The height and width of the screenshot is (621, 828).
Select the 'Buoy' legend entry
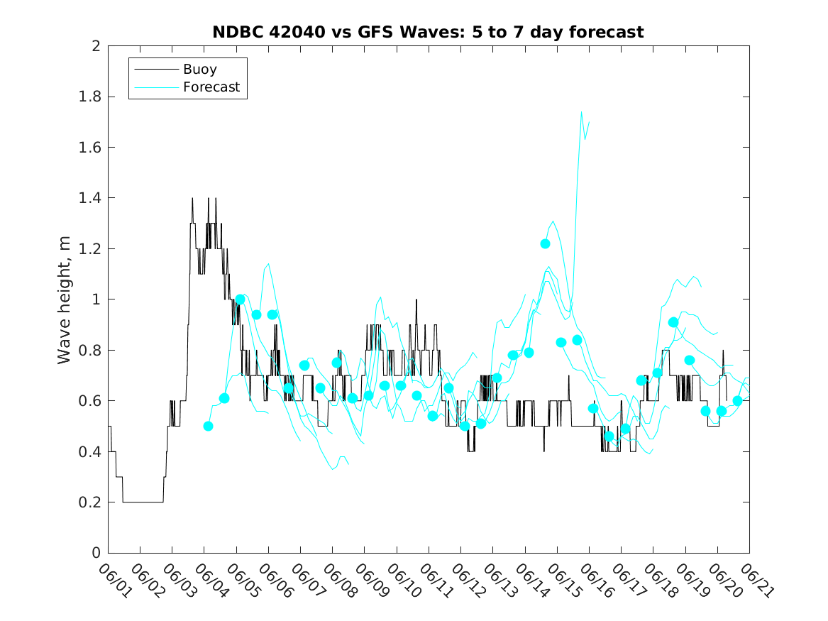point(199,69)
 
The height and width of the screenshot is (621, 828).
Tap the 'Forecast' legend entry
point(211,87)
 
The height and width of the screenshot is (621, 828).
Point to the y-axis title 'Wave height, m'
point(64,300)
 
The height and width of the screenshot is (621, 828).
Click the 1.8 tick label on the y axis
point(90,97)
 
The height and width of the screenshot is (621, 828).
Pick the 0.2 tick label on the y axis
point(90,502)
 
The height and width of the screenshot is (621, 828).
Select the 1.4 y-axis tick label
point(90,198)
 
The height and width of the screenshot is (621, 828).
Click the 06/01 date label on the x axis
point(115,580)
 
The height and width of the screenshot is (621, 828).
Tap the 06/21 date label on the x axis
point(756,580)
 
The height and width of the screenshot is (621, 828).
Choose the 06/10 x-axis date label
point(404,580)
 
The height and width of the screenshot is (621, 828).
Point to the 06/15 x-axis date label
point(564,580)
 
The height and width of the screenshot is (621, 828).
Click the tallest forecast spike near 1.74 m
point(581,112)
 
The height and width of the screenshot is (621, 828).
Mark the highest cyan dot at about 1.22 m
point(545,244)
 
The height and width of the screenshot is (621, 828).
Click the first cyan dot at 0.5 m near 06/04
point(208,426)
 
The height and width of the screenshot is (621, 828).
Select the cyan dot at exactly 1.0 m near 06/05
point(241,299)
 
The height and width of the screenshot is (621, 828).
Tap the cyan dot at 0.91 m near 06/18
point(673,323)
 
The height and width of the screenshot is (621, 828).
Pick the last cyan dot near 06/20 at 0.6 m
point(738,401)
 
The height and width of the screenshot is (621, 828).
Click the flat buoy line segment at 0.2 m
point(143,502)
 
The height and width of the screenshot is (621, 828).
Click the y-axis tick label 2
point(96,46)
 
